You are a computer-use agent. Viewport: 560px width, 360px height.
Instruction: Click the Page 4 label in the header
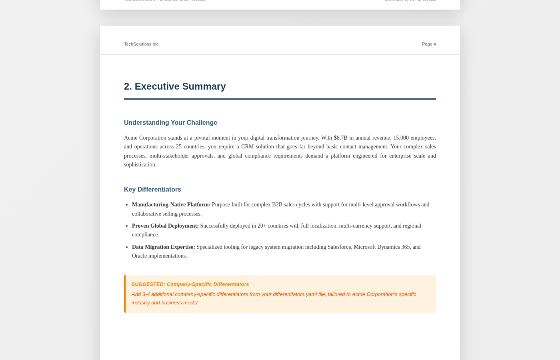[x=428, y=44]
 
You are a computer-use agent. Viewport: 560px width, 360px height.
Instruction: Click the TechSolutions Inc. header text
[x=142, y=44]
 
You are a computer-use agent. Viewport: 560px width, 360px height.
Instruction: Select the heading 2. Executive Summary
[x=175, y=86]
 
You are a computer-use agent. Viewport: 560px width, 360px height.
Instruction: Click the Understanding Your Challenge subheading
[x=170, y=123]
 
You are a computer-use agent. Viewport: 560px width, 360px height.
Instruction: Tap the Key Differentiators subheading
[x=152, y=190]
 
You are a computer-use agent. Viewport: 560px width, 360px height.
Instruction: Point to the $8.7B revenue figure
[x=340, y=138]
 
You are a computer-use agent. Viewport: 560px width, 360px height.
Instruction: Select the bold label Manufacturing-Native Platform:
[x=171, y=205]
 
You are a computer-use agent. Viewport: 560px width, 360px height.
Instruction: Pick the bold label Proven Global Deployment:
[x=165, y=226]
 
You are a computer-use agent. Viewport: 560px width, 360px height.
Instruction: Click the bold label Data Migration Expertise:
[x=163, y=247]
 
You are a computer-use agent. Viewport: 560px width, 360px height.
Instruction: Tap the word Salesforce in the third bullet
[x=339, y=247]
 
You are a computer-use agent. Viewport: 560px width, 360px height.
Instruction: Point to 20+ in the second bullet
[x=262, y=226]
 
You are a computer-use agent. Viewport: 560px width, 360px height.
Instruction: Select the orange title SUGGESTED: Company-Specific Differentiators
[x=190, y=284]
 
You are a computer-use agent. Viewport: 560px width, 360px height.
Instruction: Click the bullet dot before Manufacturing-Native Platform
[x=126, y=205]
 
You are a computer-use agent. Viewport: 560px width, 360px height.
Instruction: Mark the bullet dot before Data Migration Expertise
[x=126, y=247]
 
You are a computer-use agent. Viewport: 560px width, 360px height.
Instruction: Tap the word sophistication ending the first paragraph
[x=140, y=165]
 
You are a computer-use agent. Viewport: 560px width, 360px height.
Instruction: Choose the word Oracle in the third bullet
[x=139, y=256]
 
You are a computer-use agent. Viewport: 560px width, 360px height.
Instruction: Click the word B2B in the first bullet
[x=277, y=205]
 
